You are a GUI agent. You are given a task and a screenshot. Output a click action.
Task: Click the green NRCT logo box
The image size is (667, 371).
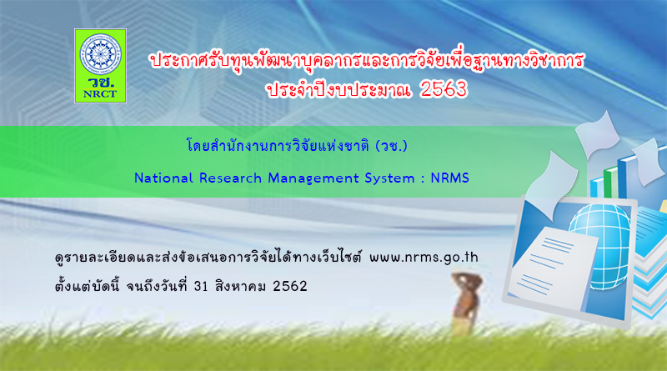pyautogui.click(x=100, y=66)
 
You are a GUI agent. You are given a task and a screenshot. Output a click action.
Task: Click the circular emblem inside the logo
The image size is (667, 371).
pyautogui.click(x=100, y=54)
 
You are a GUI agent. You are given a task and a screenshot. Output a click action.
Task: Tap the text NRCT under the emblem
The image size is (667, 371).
pyautogui.click(x=100, y=94)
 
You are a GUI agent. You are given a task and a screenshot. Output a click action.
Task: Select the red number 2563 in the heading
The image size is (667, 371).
pyautogui.click(x=444, y=88)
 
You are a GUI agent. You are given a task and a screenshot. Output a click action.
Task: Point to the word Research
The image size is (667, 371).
pyautogui.click(x=230, y=178)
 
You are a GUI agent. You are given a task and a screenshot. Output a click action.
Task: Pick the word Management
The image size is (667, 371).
pyautogui.click(x=313, y=178)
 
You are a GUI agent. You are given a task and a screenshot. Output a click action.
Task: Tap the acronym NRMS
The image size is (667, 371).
pyautogui.click(x=449, y=178)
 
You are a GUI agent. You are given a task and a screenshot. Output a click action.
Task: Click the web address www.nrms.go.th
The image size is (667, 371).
pyautogui.click(x=424, y=258)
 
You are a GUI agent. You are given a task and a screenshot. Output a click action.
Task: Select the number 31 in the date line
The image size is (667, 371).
pyautogui.click(x=200, y=286)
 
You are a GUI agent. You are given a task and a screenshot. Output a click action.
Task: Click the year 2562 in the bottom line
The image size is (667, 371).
pyautogui.click(x=289, y=286)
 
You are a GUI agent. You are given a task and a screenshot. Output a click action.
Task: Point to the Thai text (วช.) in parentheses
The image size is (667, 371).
pyautogui.click(x=391, y=147)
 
